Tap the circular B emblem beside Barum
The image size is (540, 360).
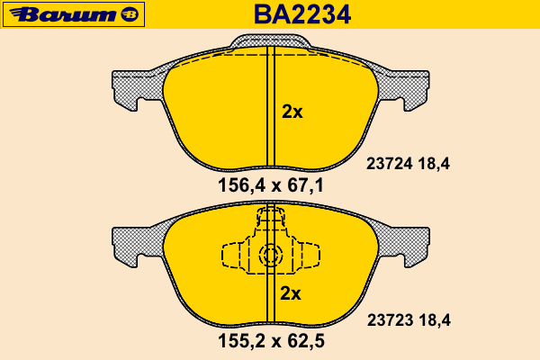click(130, 14)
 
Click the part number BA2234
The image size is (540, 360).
click(302, 14)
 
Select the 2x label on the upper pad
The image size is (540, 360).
click(292, 112)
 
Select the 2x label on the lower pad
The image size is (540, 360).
click(291, 293)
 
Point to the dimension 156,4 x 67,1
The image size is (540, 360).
click(271, 185)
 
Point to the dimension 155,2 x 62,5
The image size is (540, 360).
click(271, 341)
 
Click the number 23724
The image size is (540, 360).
click(389, 164)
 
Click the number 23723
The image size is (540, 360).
click(391, 320)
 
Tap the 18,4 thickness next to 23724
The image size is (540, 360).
click(434, 164)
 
